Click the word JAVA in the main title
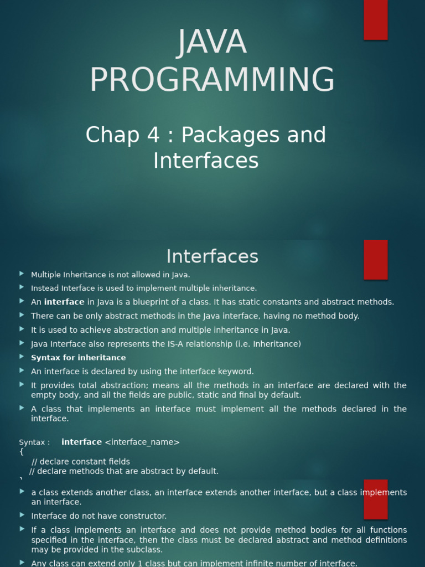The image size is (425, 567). [x=212, y=42]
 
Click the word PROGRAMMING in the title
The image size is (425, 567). [x=212, y=80]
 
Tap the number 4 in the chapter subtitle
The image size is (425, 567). [x=153, y=135]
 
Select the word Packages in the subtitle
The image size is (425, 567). [x=231, y=135]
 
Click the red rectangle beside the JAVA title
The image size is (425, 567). [x=376, y=20]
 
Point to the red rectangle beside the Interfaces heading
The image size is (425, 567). [x=376, y=260]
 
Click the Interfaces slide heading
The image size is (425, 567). [x=212, y=256]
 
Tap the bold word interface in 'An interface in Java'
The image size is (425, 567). [x=64, y=302]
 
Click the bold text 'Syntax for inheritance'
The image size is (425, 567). [x=79, y=358]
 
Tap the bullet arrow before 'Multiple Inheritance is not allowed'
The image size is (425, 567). [x=22, y=274]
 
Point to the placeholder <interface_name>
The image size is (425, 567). [x=142, y=442]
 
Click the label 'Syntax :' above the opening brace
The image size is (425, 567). [x=35, y=442]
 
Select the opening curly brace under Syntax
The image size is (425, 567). [x=22, y=452]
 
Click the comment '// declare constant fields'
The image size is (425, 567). [x=81, y=462]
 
